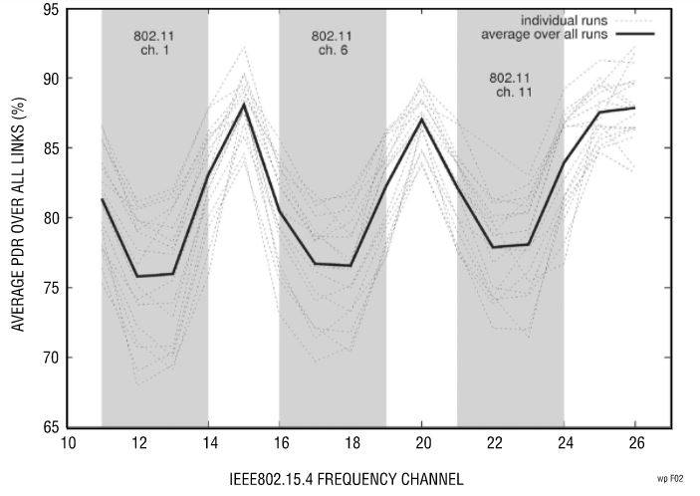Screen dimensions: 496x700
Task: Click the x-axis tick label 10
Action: pyautogui.click(x=67, y=443)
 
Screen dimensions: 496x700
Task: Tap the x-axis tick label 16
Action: pyautogui.click(x=280, y=443)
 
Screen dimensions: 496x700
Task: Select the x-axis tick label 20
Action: pyautogui.click(x=422, y=443)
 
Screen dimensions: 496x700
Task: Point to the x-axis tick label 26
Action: pyautogui.click(x=635, y=443)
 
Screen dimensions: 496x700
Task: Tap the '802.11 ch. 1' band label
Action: pyautogui.click(x=154, y=44)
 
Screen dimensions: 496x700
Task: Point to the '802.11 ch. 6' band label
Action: pyautogui.click(x=331, y=44)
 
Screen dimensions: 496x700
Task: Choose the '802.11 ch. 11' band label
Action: pyautogui.click(x=510, y=85)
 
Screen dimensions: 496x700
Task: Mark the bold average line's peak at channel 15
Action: pyautogui.click(x=244, y=105)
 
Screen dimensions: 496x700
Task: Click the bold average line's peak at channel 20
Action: pyautogui.click(x=422, y=120)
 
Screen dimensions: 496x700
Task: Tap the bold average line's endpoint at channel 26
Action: pyautogui.click(x=635, y=108)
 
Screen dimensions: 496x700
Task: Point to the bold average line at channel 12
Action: pyautogui.click(x=137, y=276)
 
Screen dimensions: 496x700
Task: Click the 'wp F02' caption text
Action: pyautogui.click(x=670, y=479)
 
